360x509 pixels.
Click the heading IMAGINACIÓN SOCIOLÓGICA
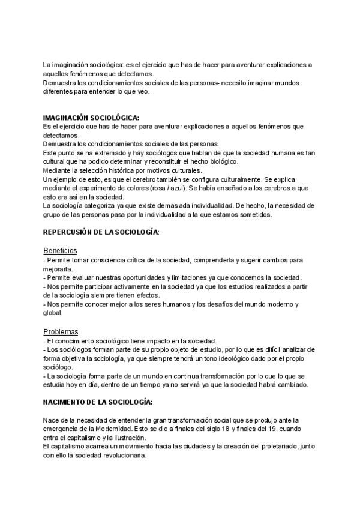click(x=90, y=118)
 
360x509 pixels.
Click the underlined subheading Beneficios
click(x=60, y=250)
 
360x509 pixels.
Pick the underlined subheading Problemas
click(x=61, y=331)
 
